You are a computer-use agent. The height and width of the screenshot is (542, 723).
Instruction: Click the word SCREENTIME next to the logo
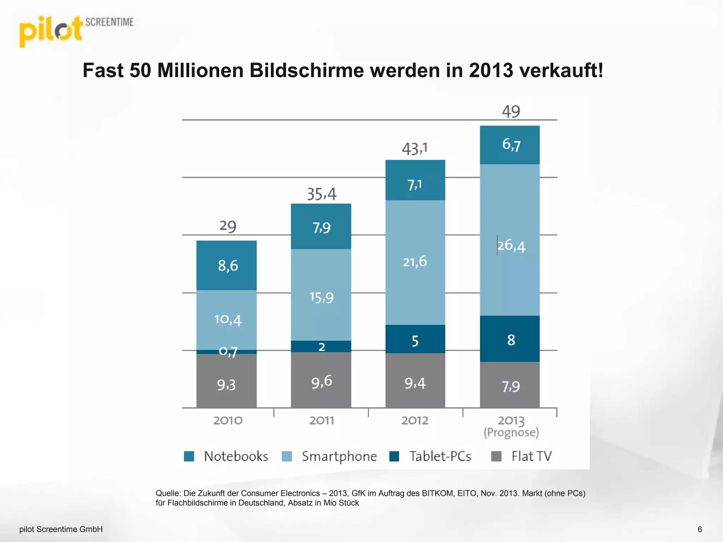[109, 22]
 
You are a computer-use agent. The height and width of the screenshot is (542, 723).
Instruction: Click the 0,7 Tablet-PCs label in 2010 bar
[228, 351]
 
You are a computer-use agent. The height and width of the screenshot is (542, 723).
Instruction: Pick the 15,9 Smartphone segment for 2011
[321, 297]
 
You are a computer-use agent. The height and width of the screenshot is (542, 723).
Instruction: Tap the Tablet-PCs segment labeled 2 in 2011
[321, 347]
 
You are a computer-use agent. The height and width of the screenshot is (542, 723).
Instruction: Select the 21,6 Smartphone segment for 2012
[415, 262]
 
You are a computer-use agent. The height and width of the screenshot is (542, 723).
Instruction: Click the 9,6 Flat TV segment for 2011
[321, 381]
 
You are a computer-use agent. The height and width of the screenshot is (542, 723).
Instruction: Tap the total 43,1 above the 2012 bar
[414, 149]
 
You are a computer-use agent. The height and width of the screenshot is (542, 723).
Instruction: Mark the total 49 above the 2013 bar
[511, 112]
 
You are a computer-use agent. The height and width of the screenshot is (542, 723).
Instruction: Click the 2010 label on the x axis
[228, 421]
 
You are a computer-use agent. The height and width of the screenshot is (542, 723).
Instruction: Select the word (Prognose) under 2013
[511, 433]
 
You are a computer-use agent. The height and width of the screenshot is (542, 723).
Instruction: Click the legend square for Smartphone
[287, 456]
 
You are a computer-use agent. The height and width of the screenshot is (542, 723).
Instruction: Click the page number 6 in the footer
[700, 529]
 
